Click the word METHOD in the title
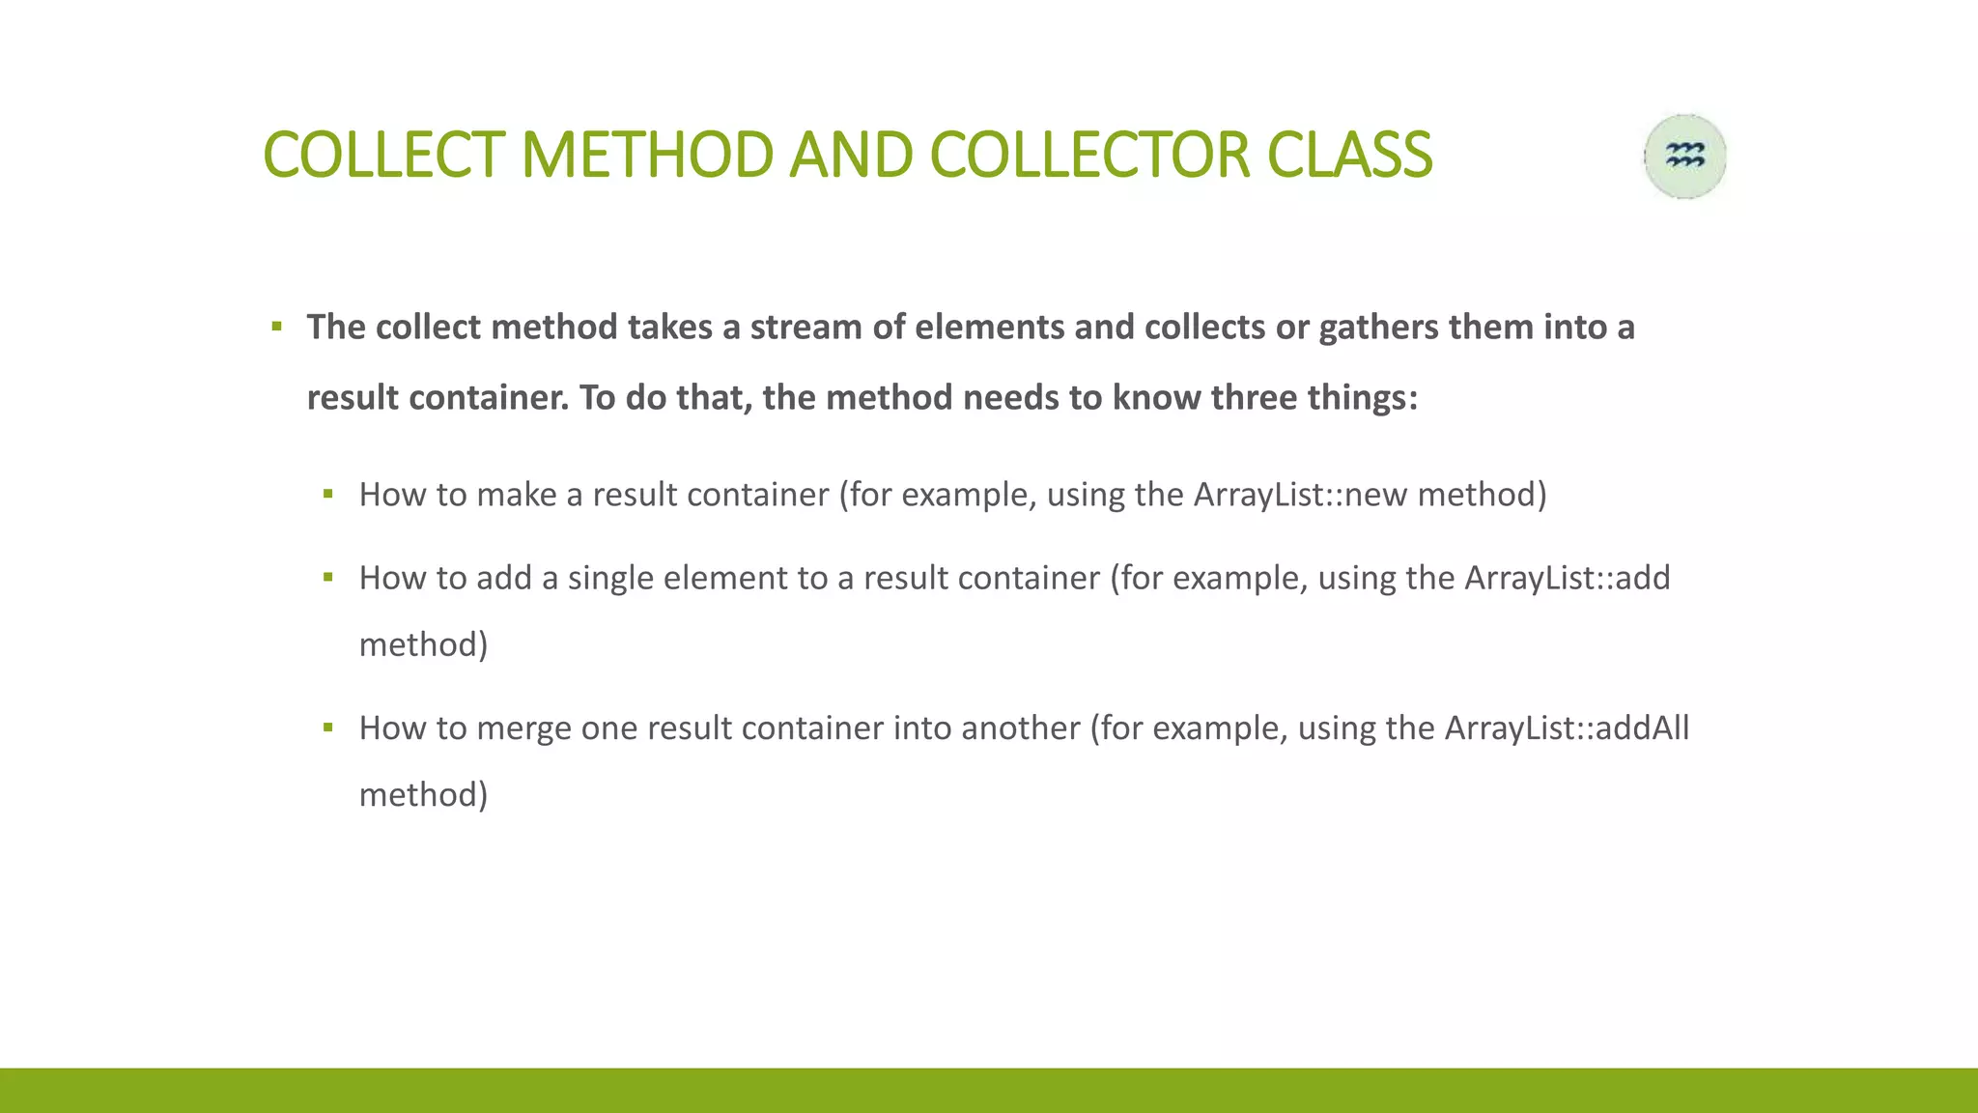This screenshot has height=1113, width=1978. point(646,156)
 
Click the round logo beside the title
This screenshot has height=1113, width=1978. point(1685,157)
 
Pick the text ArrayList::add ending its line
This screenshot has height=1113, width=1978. point(1567,578)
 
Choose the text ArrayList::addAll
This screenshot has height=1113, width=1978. point(1567,728)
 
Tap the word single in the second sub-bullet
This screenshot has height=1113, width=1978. point(609,578)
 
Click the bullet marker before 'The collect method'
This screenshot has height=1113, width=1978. point(277,328)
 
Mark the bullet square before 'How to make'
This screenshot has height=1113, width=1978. point(328,495)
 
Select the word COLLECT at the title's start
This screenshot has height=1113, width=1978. point(383,156)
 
